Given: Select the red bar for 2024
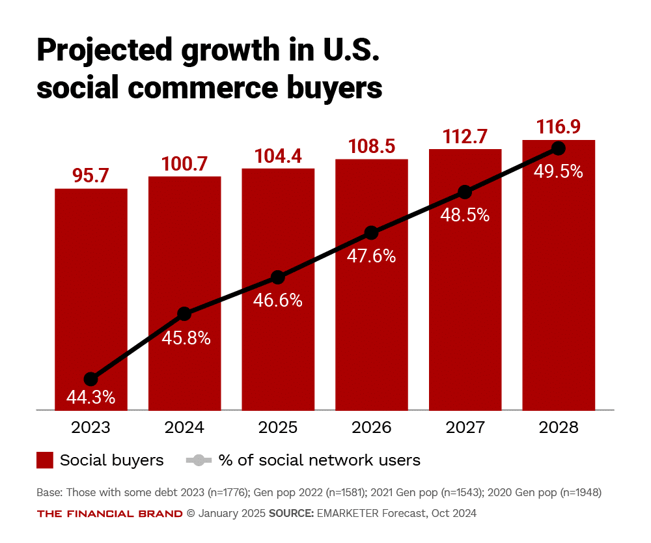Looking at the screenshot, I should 184,260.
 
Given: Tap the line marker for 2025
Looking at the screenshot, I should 278,277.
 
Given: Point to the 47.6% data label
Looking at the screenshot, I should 371,256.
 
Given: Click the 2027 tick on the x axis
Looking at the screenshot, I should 465,428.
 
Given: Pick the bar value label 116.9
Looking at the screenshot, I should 558,126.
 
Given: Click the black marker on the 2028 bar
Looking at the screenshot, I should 558,148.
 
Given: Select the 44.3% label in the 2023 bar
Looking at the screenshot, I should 90,397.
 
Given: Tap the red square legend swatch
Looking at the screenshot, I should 44,460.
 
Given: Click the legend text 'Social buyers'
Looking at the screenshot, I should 111,460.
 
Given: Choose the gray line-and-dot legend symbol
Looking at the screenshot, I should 199,460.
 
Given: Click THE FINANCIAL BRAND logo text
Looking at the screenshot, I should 109,513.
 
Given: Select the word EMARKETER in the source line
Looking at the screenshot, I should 345,513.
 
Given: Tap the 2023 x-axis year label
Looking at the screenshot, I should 90,428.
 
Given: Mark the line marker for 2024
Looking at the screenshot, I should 184,314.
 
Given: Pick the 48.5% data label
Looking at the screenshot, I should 465,215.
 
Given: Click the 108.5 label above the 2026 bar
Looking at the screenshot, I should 371,146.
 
